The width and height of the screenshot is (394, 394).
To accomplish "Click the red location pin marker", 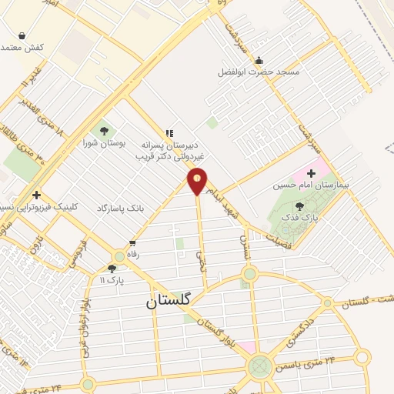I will pyautogui.click(x=198, y=182).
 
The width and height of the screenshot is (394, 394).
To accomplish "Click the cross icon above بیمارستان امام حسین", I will pyautogui.click(x=311, y=173).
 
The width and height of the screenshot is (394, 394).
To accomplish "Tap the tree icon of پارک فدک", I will pyautogui.click(x=299, y=205).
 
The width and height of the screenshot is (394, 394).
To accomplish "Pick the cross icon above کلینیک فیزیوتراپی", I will pyautogui.click(x=36, y=195).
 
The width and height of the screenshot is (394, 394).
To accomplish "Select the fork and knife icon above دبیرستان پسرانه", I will pyautogui.click(x=169, y=133).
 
